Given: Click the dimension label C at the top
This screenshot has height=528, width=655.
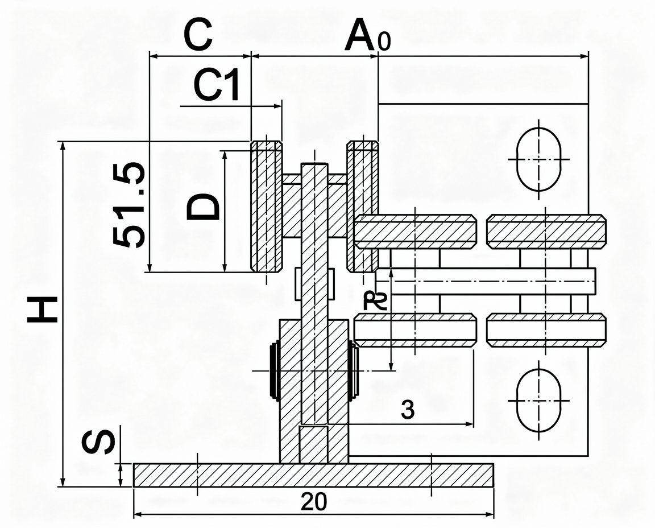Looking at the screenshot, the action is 198,34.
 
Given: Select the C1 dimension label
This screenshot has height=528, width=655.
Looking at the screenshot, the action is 217,85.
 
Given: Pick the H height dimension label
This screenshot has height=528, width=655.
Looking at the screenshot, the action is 42,310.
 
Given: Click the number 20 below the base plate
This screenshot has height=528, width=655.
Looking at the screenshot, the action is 314,502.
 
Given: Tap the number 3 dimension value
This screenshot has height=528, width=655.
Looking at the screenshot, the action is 407,410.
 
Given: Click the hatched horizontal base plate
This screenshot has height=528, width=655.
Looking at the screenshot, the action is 313,475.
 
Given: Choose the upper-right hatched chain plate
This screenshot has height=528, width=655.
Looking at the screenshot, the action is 546,230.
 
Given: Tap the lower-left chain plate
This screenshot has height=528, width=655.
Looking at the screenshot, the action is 415,330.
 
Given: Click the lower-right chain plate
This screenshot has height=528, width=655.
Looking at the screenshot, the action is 546,330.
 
